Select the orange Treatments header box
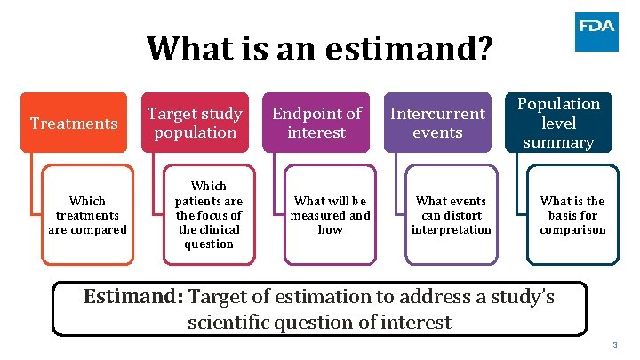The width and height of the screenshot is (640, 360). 75,123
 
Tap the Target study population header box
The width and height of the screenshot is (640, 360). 195,123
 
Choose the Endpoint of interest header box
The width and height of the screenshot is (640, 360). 316,123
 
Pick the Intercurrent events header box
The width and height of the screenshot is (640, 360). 438,123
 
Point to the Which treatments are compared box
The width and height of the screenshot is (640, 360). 87,215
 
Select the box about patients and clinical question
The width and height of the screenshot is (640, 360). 208,215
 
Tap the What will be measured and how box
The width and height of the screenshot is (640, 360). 330,215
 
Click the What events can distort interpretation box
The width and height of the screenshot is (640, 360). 451,215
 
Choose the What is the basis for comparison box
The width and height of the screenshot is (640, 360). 572,215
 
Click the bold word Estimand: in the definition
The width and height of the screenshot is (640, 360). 133,297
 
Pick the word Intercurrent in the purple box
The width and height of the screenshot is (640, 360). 438,114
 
